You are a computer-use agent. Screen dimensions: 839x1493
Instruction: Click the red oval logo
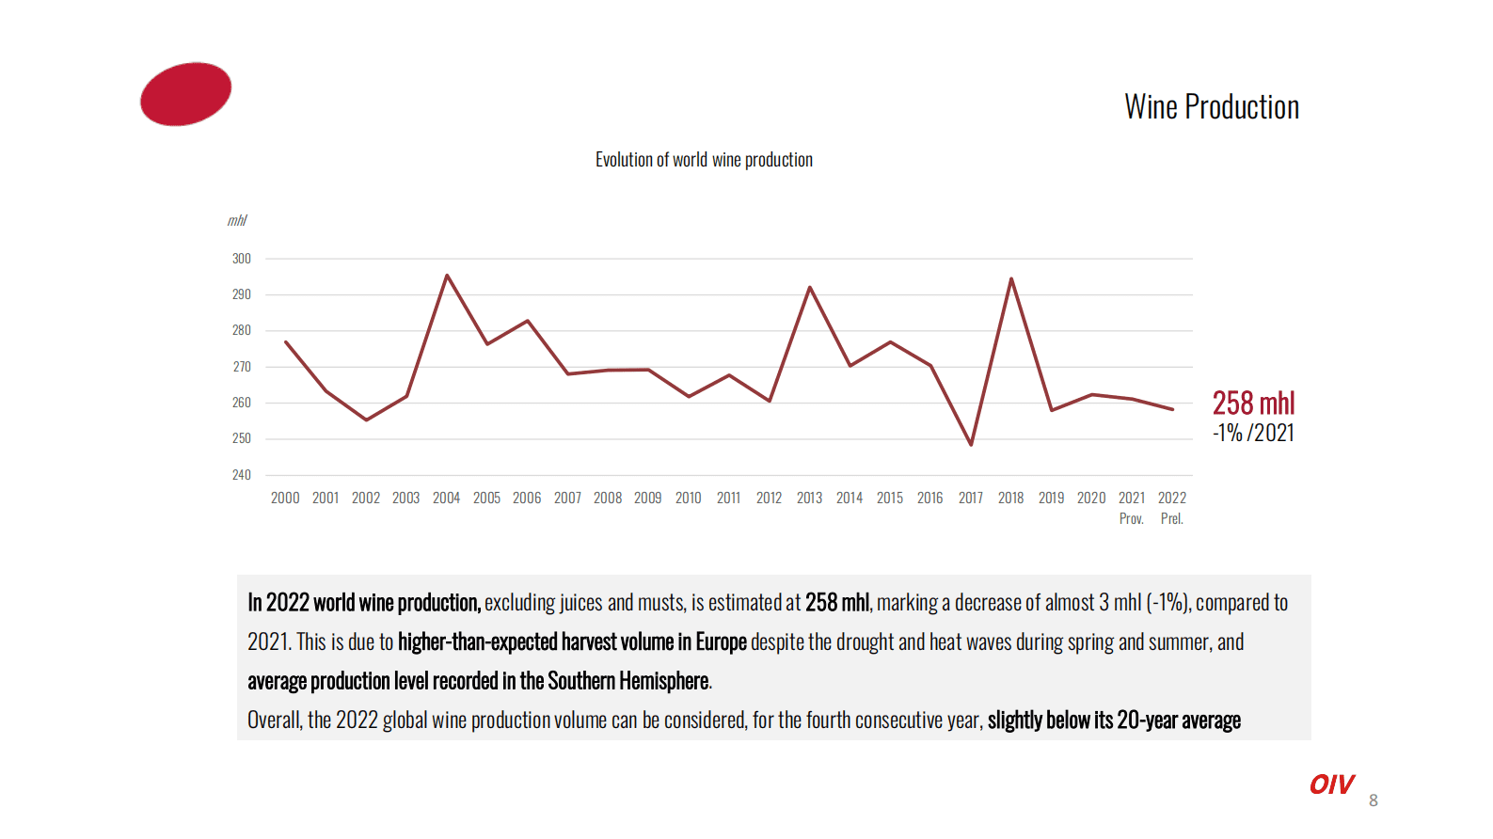tap(185, 94)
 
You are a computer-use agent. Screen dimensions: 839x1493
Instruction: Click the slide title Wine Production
tap(1211, 107)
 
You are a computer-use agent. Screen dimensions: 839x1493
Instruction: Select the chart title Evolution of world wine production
tap(704, 160)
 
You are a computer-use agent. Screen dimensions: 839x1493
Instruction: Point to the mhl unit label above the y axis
tap(236, 220)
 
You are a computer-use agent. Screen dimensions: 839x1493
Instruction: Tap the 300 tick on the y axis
tap(242, 259)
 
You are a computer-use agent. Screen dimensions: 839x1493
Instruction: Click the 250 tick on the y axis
tap(242, 438)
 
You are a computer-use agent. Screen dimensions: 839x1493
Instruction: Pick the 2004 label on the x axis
tap(446, 498)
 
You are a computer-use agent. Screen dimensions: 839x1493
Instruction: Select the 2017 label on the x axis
tap(970, 498)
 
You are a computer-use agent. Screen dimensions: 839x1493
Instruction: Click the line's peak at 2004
tap(447, 276)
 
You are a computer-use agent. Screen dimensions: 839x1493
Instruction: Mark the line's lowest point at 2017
tap(971, 444)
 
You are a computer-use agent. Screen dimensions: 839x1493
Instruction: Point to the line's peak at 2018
tap(1011, 279)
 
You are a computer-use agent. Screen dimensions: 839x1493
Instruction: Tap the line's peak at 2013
tap(810, 288)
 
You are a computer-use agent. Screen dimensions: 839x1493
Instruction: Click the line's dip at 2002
tap(366, 419)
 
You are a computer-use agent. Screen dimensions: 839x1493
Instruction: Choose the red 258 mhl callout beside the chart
tap(1253, 404)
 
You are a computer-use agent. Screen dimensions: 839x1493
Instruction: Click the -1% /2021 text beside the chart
tap(1253, 433)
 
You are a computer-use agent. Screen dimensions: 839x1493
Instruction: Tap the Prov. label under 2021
tap(1131, 518)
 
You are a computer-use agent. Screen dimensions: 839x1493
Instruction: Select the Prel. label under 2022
tap(1171, 518)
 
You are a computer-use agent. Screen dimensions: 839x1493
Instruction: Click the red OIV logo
tap(1331, 784)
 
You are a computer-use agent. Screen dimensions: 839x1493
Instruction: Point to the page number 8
tap(1374, 800)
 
